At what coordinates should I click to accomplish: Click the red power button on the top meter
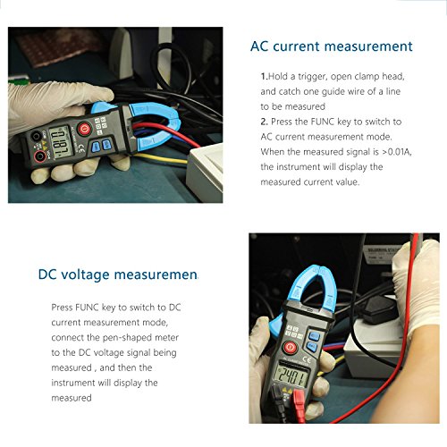pos(85,129)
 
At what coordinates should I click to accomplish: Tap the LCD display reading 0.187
pos(62,142)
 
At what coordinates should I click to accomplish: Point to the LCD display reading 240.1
pos(291,375)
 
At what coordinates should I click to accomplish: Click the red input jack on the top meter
pos(40,156)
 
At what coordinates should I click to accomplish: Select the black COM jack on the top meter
pos(36,137)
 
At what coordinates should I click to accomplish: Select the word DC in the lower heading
pos(47,274)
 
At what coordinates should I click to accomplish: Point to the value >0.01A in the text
pos(396,152)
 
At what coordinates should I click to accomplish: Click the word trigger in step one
pos(311,77)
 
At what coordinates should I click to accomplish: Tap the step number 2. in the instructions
pos(265,122)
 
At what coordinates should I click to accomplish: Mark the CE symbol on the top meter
pos(81,149)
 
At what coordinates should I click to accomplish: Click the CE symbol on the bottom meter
pos(307,360)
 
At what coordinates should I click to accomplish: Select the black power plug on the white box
pos(378,310)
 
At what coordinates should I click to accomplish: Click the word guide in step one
pos(333,92)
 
